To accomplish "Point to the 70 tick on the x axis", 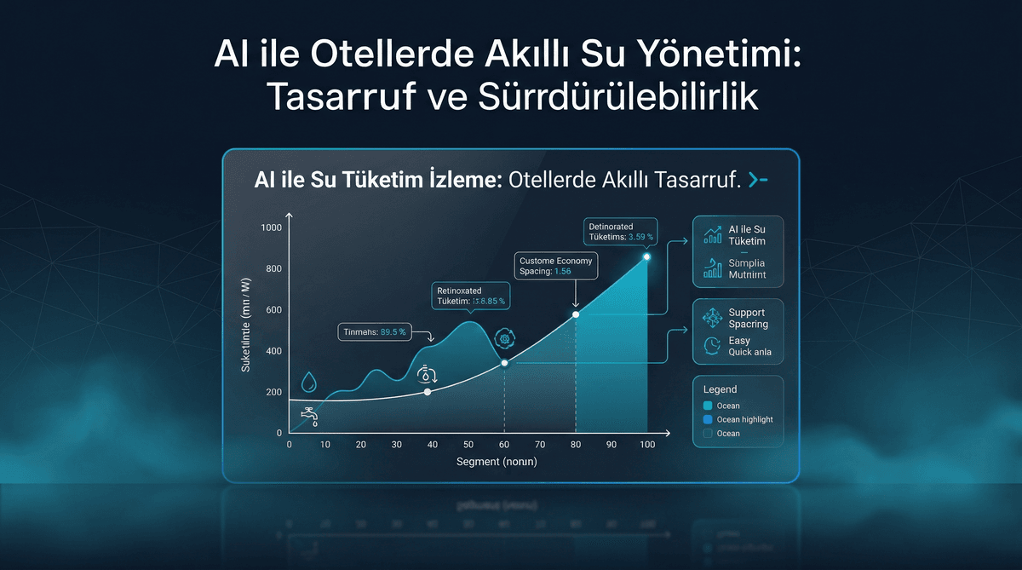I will coord(539,445).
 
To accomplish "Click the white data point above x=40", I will coord(428,392).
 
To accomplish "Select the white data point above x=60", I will coord(504,363).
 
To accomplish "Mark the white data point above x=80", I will coord(576,314).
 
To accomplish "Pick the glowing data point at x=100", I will coord(647,256).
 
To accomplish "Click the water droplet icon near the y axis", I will coord(309,382).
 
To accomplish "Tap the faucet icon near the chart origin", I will coord(309,415).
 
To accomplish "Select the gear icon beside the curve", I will coord(505,338).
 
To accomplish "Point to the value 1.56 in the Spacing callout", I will coord(562,272).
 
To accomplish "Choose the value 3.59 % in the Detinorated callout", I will coord(640,237).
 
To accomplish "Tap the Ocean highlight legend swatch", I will coord(707,420).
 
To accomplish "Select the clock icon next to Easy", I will coord(712,346).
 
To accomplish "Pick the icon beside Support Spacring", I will coord(712,318).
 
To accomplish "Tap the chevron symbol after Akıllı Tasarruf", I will coord(757,180).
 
